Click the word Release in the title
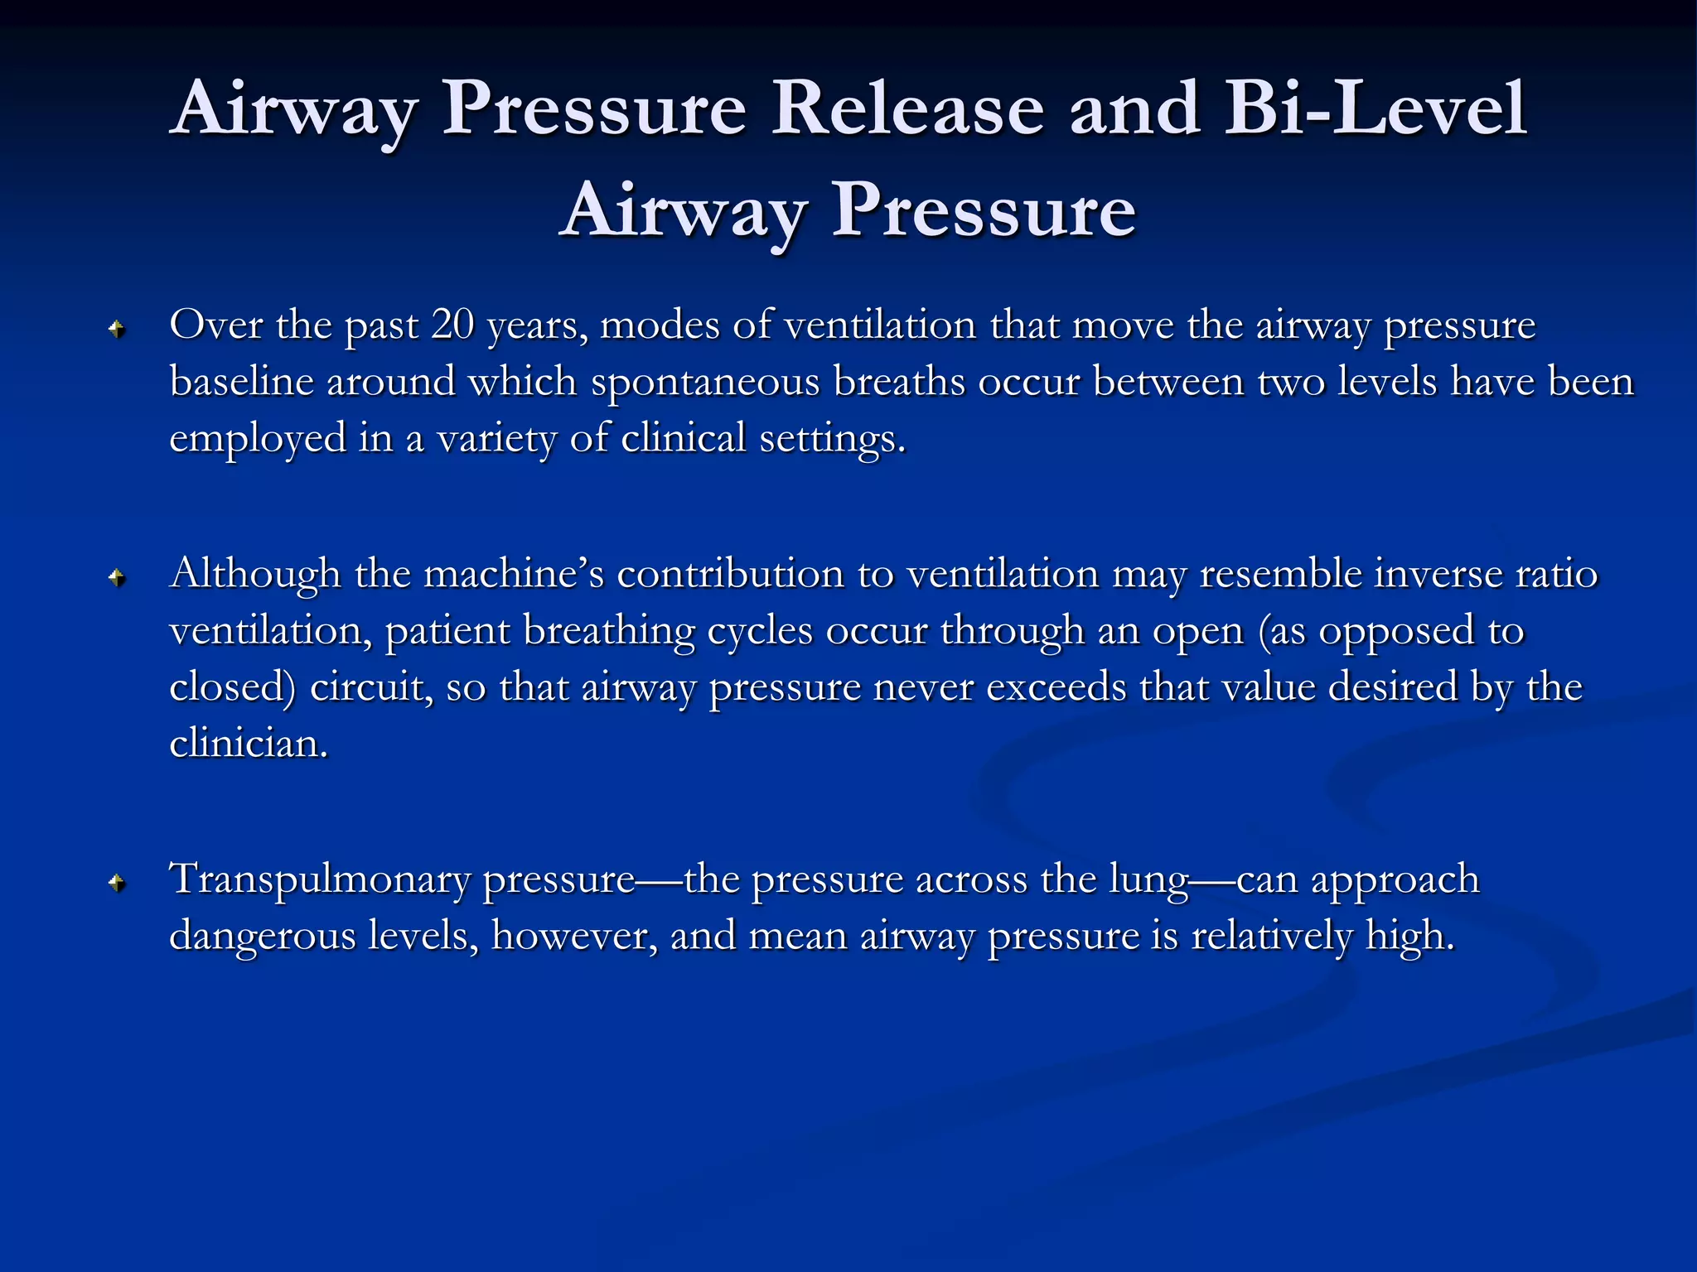[907, 109]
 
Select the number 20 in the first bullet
[452, 325]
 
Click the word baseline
[241, 383]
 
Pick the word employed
[257, 439]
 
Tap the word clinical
[683, 437]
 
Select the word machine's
[514, 573]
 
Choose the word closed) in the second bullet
[232, 687]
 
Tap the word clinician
[248, 744]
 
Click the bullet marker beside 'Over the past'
[118, 330]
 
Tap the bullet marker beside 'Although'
[118, 578]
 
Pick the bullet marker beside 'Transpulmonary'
[118, 884]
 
